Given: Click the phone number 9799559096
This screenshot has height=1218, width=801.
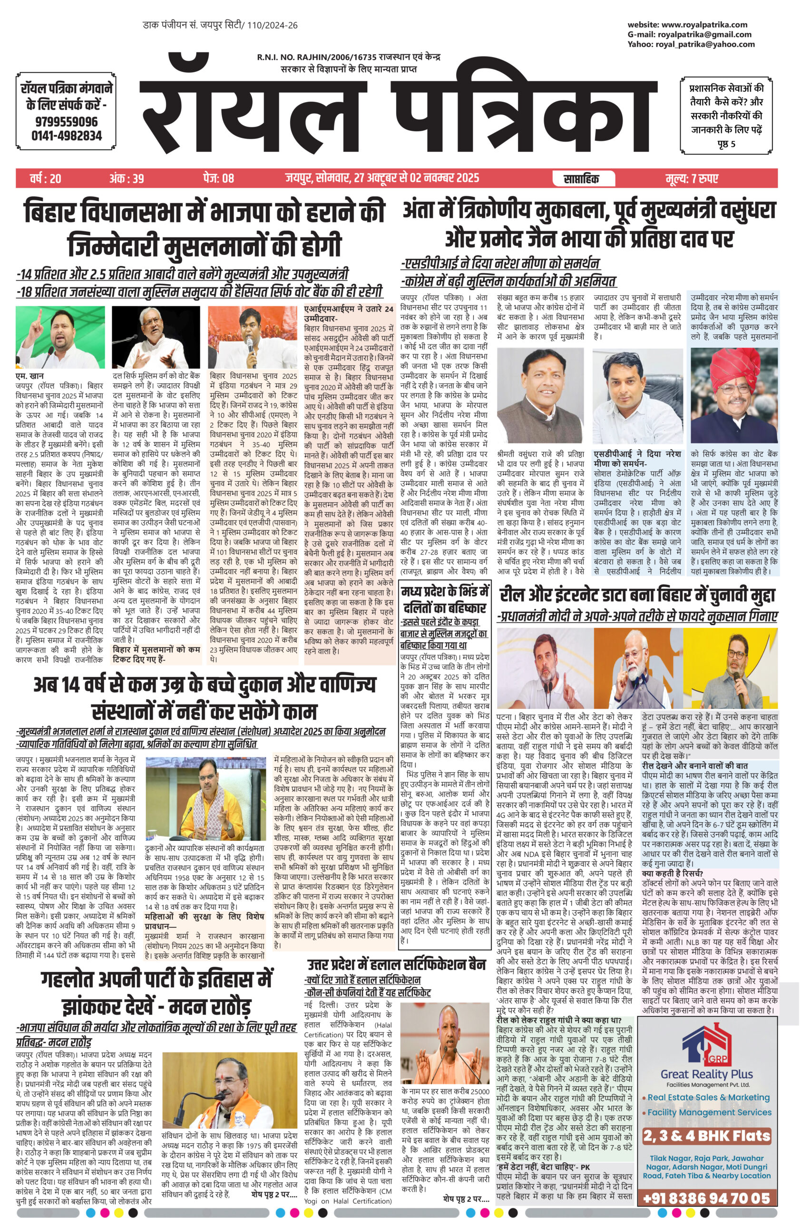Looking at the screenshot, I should click(x=67, y=122).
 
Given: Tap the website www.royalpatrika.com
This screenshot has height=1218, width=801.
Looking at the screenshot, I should click(x=704, y=25).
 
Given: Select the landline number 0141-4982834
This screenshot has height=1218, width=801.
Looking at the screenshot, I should click(x=67, y=136).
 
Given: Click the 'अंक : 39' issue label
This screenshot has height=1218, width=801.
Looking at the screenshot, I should click(x=127, y=178).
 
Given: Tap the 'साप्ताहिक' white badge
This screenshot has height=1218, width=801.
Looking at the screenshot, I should click(x=581, y=178).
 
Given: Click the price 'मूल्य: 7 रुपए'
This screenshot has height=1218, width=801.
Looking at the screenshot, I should click(x=692, y=178).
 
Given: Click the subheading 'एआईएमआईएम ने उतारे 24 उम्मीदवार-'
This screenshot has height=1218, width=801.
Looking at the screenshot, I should click(x=348, y=313).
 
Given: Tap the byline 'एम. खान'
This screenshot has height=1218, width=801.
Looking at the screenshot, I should click(x=29, y=377).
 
